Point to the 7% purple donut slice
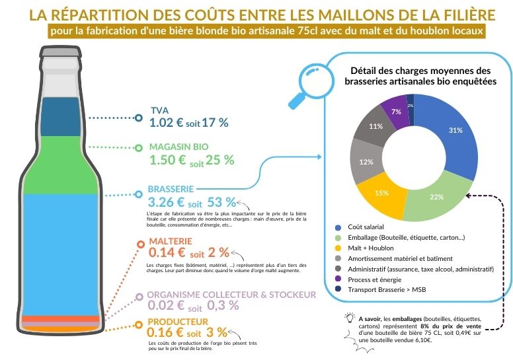pos(395,110)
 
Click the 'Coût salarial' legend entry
pos(370,227)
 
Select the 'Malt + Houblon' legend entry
pos(374,248)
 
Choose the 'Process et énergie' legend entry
pos(379,279)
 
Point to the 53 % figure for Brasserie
pos(221,201)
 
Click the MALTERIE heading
pos(171,241)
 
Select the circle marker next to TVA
pos(139,118)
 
